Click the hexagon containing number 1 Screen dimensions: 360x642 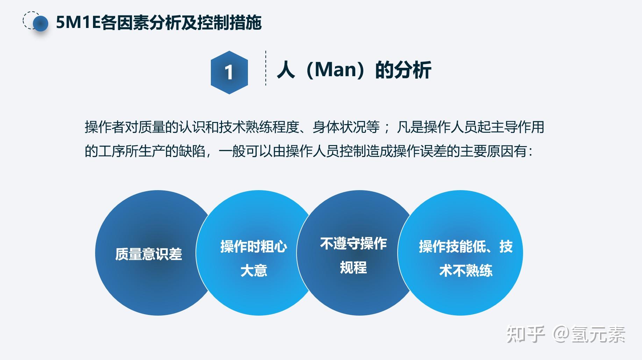point(229,72)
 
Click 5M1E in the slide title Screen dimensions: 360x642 point(78,23)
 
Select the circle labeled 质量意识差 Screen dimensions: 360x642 point(149,254)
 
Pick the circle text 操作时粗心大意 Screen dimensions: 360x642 point(254,258)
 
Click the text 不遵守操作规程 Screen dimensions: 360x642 point(353,255)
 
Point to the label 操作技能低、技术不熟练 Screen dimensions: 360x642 point(465,258)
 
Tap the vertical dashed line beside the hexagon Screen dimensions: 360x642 point(266,68)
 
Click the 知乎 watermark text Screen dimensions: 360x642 point(526,334)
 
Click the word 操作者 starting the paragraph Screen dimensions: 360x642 point(104,127)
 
